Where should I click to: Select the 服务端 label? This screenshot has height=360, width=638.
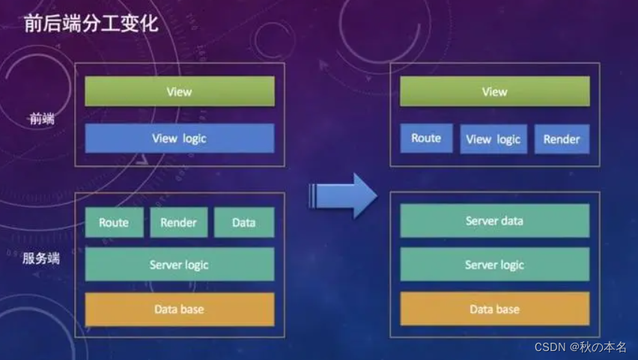pos(41,260)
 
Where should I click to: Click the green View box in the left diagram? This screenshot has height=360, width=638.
pos(179,91)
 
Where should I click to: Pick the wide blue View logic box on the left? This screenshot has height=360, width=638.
pos(179,138)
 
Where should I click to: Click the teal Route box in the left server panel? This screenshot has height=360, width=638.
pos(114,222)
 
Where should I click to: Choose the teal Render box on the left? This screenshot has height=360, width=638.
pos(179,222)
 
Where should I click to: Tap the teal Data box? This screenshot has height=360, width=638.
pos(244,222)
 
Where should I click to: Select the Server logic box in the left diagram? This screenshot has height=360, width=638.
pos(179,265)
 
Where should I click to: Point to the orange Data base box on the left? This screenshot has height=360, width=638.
pos(179,309)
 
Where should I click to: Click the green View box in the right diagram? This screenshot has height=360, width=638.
pos(494,91)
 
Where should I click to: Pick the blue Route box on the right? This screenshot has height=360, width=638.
pos(426,138)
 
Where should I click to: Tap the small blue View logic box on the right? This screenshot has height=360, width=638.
pos(493,139)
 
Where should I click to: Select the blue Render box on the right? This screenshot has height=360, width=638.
pos(562,139)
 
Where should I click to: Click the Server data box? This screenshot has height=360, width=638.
pos(494,221)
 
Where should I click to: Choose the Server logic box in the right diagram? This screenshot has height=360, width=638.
pos(494,265)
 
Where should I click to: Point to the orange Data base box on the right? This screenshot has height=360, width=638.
pos(494,309)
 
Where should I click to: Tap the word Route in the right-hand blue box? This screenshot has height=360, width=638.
pos(426,138)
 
